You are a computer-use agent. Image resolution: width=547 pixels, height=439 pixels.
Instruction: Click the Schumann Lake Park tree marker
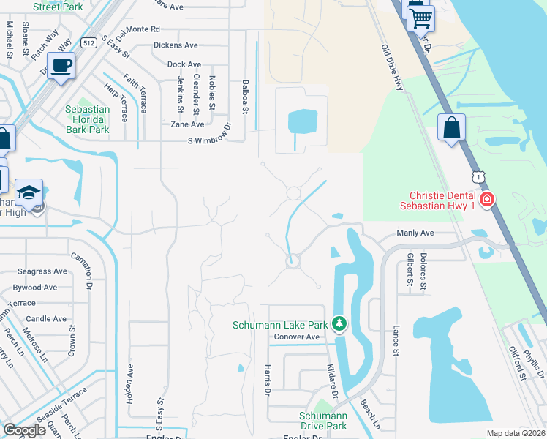click(x=339, y=323)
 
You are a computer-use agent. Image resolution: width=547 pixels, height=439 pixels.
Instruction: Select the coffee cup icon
click(x=61, y=67)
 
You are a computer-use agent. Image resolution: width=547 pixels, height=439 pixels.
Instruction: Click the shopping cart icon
click(x=420, y=19)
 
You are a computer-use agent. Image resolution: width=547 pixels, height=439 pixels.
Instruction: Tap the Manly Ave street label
click(x=415, y=233)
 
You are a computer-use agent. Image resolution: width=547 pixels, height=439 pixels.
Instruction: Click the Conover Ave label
click(x=297, y=337)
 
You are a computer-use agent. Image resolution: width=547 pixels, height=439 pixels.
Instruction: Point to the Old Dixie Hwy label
click(x=393, y=67)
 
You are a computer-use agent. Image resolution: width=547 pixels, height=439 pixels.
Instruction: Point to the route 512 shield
click(x=89, y=42)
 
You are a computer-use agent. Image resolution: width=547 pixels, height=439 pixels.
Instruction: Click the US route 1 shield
click(x=478, y=176)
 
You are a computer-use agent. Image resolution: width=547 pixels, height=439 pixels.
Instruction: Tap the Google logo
click(x=24, y=430)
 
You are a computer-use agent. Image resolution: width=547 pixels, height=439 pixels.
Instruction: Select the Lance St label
click(x=396, y=341)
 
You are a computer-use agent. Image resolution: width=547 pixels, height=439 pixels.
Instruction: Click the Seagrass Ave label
click(x=43, y=271)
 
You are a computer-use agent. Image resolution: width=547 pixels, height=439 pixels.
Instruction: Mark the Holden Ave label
click(x=130, y=381)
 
